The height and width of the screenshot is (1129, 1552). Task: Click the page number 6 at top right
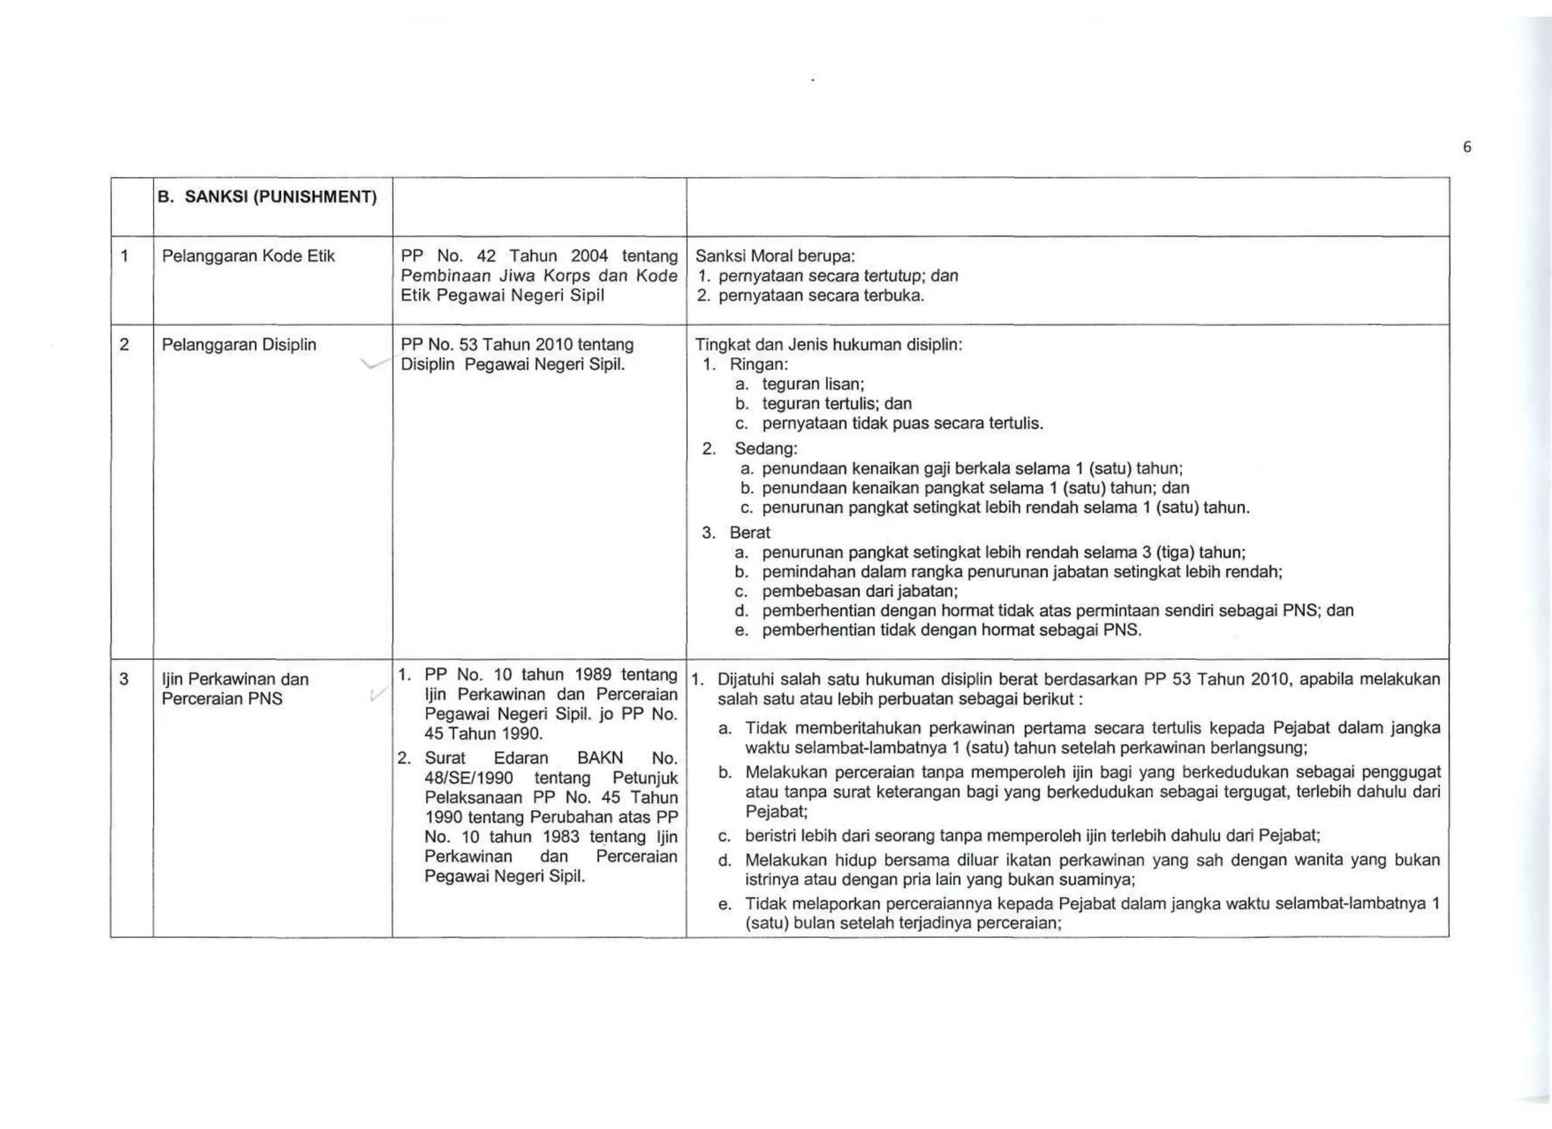pos(1466,148)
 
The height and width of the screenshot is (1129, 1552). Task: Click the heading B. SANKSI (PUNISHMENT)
pos(267,198)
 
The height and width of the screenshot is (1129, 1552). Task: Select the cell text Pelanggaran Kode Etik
pos(248,256)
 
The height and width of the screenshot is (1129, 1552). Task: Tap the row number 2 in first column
pos(124,345)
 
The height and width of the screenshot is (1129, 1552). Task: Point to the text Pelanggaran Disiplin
pos(239,345)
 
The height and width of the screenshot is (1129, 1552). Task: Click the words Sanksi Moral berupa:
pos(774,256)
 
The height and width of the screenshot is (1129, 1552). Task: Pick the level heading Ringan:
pos(759,364)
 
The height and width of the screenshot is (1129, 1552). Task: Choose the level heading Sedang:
pos(765,449)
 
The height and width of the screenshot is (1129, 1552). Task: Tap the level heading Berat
pos(749,533)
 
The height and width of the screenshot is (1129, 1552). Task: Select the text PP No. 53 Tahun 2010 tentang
pos(517,345)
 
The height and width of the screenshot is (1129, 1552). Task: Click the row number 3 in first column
pos(124,679)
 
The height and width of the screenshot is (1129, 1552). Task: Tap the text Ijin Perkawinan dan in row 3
pos(235,679)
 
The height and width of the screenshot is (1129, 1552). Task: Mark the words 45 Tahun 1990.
pos(483,733)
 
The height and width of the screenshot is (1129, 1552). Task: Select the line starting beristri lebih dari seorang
pos(1032,836)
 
